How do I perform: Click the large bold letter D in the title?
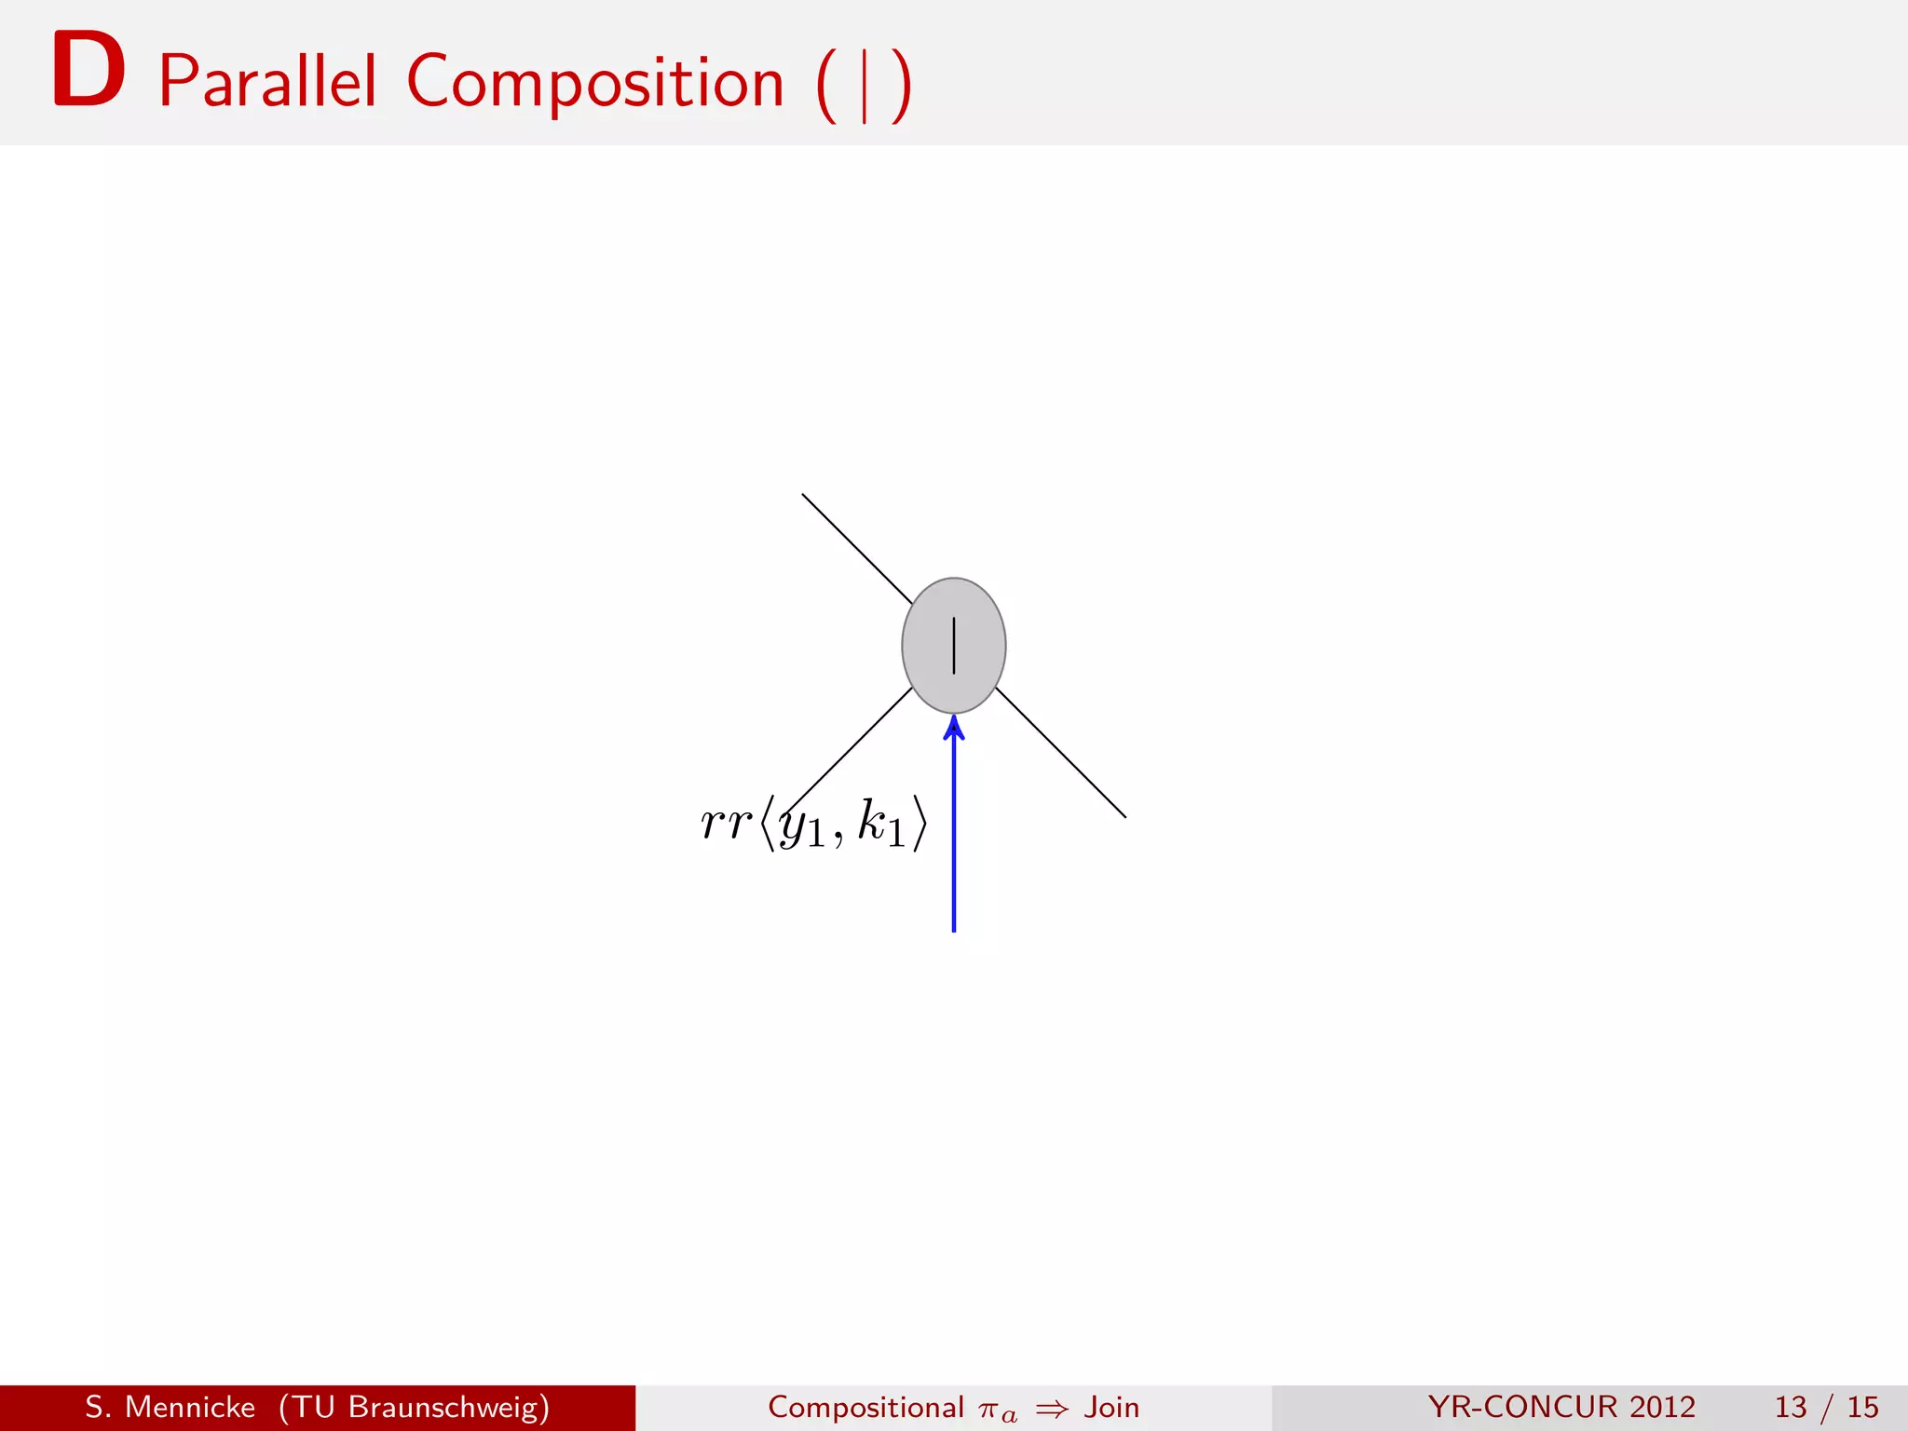(x=89, y=71)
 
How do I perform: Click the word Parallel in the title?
(x=267, y=82)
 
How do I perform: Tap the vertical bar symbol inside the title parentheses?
(x=865, y=86)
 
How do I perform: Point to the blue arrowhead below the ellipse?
(x=953, y=728)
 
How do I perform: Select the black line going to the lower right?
(x=1061, y=753)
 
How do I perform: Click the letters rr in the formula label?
(x=725, y=823)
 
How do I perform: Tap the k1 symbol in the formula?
(x=880, y=825)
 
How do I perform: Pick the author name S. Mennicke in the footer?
(x=170, y=1407)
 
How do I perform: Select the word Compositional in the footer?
(x=865, y=1407)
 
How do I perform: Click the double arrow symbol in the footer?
(x=1051, y=1409)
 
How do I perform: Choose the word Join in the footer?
(x=1111, y=1407)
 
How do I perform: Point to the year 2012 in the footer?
(x=1662, y=1407)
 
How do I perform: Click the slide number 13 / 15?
(x=1826, y=1407)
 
